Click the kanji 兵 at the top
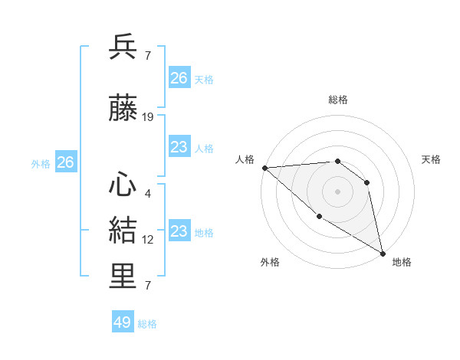click(123, 47)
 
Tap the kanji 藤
click(123, 110)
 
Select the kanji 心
click(123, 184)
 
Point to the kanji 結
click(123, 231)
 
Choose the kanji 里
click(123, 277)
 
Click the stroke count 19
click(148, 117)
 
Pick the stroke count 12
click(148, 240)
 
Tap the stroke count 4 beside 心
click(148, 193)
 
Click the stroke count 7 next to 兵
click(148, 56)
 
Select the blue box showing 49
click(123, 322)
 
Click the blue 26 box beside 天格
click(179, 78)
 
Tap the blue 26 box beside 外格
click(65, 162)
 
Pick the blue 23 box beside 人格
click(179, 147)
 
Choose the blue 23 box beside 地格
click(179, 231)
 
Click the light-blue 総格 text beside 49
click(147, 324)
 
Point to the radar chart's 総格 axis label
click(337, 100)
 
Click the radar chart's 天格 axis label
click(432, 159)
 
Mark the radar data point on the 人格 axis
click(264, 167)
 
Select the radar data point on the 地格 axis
click(383, 254)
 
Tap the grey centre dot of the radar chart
click(337, 191)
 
